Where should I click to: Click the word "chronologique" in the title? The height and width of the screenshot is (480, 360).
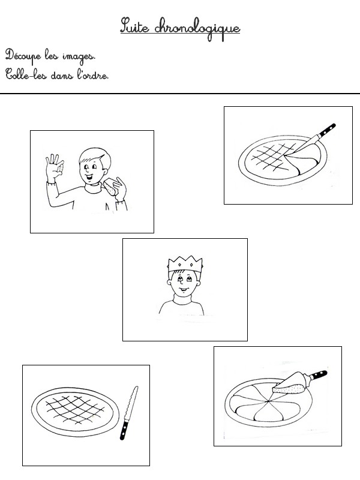(197, 29)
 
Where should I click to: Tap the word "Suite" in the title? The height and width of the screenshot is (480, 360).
(134, 25)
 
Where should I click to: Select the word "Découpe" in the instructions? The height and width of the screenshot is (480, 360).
(23, 56)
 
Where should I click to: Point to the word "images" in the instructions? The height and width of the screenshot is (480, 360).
(79, 57)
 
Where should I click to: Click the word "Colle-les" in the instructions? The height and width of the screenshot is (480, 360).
(26, 74)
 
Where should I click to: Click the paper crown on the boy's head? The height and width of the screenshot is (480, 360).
(185, 264)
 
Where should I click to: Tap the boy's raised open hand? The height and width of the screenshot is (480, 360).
(55, 168)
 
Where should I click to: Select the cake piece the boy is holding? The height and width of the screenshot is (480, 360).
(110, 187)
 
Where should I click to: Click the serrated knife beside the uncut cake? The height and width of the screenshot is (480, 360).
(129, 413)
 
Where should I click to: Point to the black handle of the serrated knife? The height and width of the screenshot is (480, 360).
(124, 430)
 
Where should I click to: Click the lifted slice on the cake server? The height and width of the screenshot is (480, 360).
(289, 384)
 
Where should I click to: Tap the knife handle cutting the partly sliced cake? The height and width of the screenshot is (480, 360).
(326, 130)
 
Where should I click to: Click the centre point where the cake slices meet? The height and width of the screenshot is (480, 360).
(268, 401)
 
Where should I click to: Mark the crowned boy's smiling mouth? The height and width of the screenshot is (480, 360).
(182, 290)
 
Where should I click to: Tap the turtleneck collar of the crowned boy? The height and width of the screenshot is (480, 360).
(183, 299)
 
